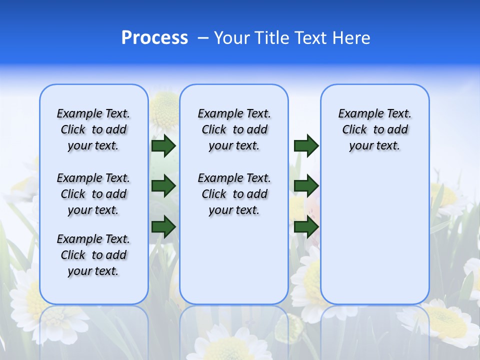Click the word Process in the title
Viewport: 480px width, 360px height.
pos(154,38)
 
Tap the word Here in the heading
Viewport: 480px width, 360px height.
pos(351,38)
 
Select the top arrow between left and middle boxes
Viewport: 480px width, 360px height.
pos(163,145)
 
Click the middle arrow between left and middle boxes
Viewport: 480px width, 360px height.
pos(163,186)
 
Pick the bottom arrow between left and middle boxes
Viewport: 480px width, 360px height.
pos(163,226)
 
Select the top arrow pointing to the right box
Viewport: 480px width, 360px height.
pos(306,145)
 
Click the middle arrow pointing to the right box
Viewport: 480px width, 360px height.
pos(306,186)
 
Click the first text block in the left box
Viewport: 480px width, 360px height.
pos(93,129)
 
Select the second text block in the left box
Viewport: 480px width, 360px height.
pos(93,194)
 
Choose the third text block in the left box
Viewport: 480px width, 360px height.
pos(93,255)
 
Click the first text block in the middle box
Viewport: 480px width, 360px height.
pos(234,129)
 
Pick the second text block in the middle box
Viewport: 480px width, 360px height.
pos(234,194)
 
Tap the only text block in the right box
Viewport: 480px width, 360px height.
pos(374,129)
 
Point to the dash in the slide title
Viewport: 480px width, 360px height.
pos(203,38)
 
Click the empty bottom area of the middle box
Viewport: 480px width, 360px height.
pos(234,265)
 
